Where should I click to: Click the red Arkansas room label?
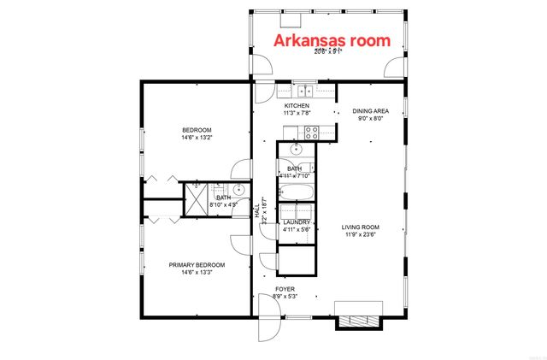(331, 40)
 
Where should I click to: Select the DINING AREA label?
(370, 112)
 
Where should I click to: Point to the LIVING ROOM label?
(360, 227)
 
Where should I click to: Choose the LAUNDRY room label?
(297, 222)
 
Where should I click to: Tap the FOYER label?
(285, 289)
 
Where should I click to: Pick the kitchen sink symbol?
(303, 90)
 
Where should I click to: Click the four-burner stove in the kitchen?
(311, 133)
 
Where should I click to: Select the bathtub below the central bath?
(297, 189)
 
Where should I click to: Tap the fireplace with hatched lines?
(354, 315)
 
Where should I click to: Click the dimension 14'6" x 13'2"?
(196, 137)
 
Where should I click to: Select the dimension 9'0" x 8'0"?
(370, 120)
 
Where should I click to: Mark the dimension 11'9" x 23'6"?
(360, 234)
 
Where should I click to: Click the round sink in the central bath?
(297, 148)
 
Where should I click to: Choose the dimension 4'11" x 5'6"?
(297, 230)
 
